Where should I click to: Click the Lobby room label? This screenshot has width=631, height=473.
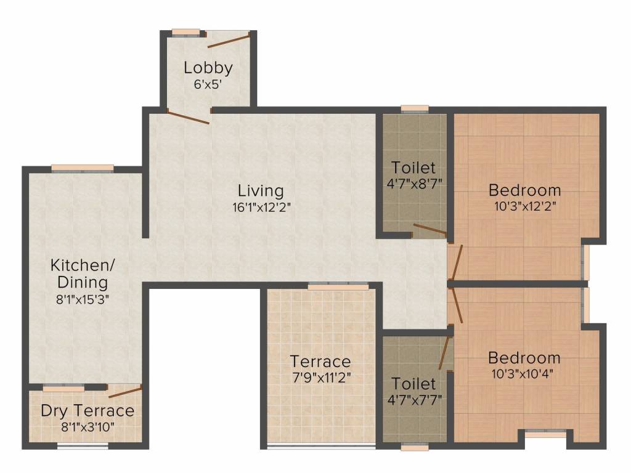[x=208, y=68]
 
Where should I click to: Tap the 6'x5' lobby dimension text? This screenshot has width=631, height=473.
[x=208, y=85]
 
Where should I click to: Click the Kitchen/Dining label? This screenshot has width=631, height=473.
[x=82, y=274]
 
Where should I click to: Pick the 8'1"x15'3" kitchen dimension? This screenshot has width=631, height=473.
[x=82, y=300]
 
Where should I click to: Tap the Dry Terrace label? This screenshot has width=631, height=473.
[x=87, y=410]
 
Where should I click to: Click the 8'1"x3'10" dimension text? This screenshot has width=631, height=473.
[x=87, y=426]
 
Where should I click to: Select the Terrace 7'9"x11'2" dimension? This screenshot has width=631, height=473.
[x=320, y=378]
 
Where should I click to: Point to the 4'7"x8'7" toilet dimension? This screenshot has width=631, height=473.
[x=414, y=184]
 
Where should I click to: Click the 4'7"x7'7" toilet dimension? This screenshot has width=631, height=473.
[x=414, y=400]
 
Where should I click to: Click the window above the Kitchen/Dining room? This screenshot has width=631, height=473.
[x=82, y=168]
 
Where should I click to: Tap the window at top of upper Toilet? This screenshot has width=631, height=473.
[x=414, y=109]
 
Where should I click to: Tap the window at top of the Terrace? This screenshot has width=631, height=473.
[x=338, y=286]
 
